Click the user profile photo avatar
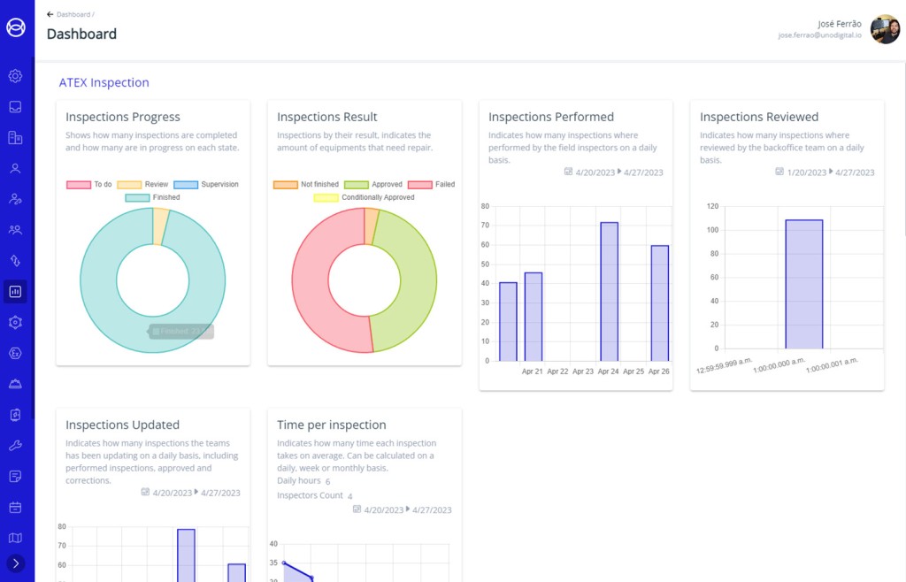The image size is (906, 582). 885,29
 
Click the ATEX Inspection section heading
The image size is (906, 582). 104,83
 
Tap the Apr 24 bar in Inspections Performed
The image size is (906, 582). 609,291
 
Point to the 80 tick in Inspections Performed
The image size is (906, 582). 485,206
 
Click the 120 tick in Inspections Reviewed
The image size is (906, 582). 712,206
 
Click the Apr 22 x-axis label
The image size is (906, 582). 557,371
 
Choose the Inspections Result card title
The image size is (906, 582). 326,117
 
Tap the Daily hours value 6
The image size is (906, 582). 327,481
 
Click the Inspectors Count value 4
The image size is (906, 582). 349,496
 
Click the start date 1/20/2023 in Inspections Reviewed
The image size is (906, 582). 805,172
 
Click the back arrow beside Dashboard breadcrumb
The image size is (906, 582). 50,15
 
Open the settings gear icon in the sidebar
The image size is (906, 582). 15,76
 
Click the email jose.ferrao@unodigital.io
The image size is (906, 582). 819,35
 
